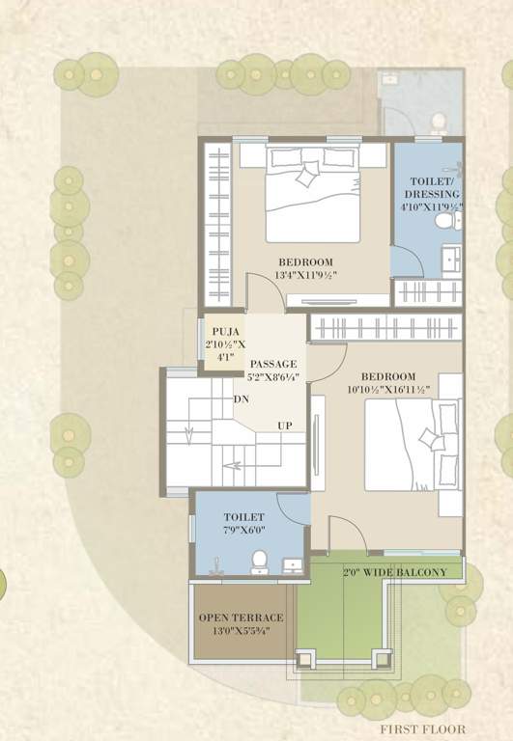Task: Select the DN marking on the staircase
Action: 241,398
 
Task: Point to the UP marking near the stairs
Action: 285,425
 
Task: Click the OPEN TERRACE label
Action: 242,617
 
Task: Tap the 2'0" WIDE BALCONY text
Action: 394,572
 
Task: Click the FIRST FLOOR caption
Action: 423,729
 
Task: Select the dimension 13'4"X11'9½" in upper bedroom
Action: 306,276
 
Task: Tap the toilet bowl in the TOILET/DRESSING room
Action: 445,221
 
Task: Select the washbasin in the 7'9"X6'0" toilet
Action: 292,565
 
